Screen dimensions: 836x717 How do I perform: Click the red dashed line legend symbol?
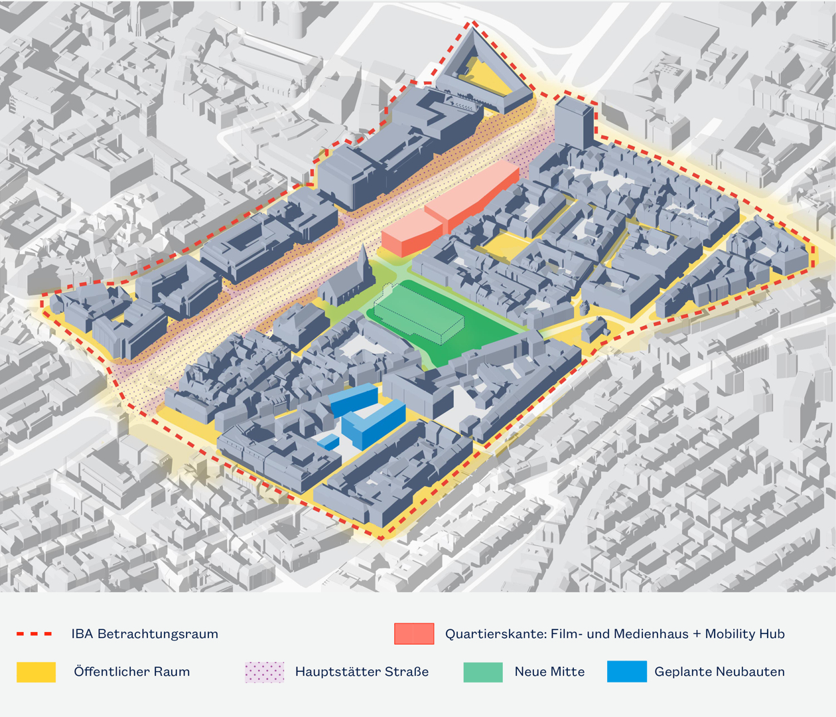[35, 633]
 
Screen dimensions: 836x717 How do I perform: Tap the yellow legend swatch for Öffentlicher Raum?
[36, 672]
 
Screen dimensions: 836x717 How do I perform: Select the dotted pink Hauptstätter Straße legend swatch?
[265, 672]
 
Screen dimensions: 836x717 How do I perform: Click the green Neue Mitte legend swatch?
[483, 672]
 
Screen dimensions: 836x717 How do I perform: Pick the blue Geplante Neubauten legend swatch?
[627, 672]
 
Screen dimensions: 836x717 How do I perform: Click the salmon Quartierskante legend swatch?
[414, 633]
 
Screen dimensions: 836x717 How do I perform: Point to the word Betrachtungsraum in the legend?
[158, 633]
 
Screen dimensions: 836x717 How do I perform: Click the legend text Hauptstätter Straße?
[362, 672]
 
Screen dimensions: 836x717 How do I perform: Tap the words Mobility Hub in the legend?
[745, 633]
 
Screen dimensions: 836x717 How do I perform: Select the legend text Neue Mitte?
[549, 672]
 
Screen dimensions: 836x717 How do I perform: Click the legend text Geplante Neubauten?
[719, 672]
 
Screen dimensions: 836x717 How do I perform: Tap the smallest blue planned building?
[328, 442]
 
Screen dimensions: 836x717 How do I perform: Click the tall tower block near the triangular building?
[574, 123]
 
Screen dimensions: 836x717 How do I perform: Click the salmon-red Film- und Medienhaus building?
[451, 208]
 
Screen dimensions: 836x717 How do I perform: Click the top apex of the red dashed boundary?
[472, 23]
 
